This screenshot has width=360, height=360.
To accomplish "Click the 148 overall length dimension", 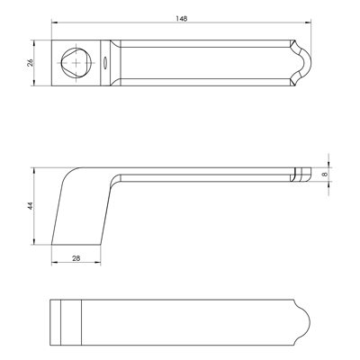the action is coord(182,19).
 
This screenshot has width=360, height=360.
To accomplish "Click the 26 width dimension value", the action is coord(31,63).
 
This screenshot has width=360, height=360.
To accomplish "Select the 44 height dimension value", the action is coord(30,206).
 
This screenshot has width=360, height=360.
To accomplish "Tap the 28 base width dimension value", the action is coord(76,258).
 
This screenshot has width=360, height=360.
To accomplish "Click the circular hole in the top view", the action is coord(76,63).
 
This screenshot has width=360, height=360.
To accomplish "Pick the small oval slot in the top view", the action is coord(105,63).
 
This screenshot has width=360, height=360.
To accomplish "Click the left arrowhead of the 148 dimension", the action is coord(54,22).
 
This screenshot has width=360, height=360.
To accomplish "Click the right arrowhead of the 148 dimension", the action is coord(308,22).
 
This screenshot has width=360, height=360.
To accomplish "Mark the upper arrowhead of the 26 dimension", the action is coord(34,43).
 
